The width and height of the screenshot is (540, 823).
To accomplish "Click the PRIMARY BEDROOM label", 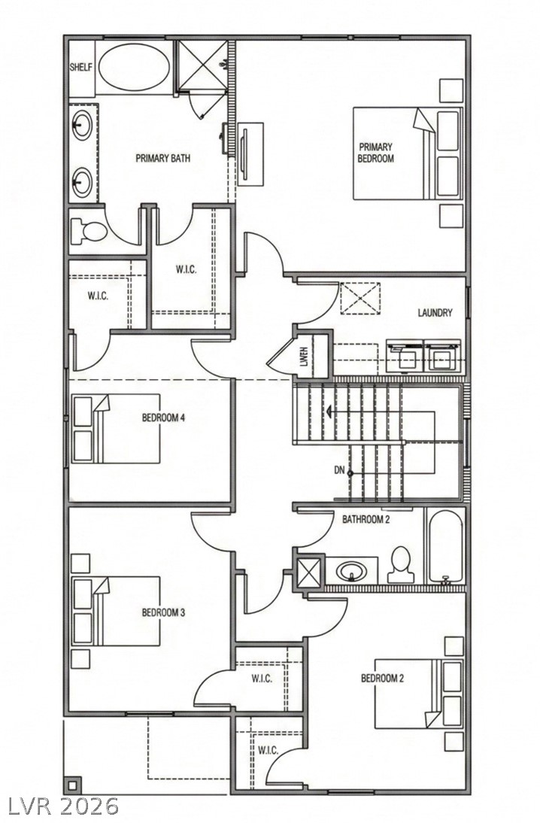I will point(375,153).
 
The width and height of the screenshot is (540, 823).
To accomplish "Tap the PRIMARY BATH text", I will point(162,159).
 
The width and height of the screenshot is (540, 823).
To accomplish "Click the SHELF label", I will point(81,67).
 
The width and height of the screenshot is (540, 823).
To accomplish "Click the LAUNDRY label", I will point(435,313).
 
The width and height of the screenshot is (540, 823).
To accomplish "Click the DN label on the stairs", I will point(339,471).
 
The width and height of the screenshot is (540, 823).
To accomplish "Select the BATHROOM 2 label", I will point(366,519).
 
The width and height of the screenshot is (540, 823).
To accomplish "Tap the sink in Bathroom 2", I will point(351,571).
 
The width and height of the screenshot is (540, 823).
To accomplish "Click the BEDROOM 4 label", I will point(163,418).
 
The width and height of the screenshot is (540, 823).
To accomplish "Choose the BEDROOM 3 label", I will point(163,612).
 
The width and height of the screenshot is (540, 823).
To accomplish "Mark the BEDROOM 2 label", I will point(382,679).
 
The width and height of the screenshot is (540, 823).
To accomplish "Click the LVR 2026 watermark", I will point(63,806).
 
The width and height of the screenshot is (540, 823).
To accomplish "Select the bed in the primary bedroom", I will point(406,153).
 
